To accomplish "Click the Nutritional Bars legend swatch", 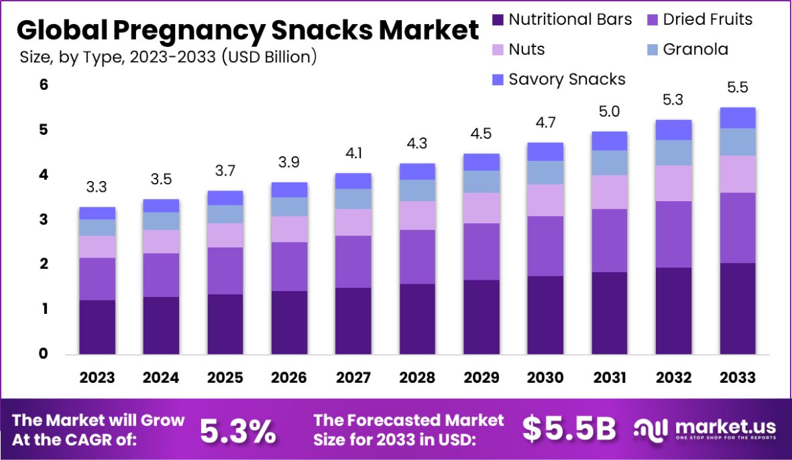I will click(497, 20).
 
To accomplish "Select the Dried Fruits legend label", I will click(708, 19).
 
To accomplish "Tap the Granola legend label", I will click(695, 49).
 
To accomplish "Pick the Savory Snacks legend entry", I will click(567, 79).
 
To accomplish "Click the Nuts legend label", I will click(526, 49).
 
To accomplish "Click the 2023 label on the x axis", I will click(97, 378).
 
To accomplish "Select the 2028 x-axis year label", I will click(417, 378).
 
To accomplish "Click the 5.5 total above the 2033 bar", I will click(738, 88).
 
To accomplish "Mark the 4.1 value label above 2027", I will click(353, 154).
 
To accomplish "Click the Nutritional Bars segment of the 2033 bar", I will click(738, 308).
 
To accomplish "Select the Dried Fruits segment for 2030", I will click(545, 245).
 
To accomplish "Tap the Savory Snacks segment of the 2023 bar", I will click(97, 213).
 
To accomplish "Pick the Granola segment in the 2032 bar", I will click(673, 153).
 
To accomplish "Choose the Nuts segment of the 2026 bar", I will click(289, 229).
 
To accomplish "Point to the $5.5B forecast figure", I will click(569, 430).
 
